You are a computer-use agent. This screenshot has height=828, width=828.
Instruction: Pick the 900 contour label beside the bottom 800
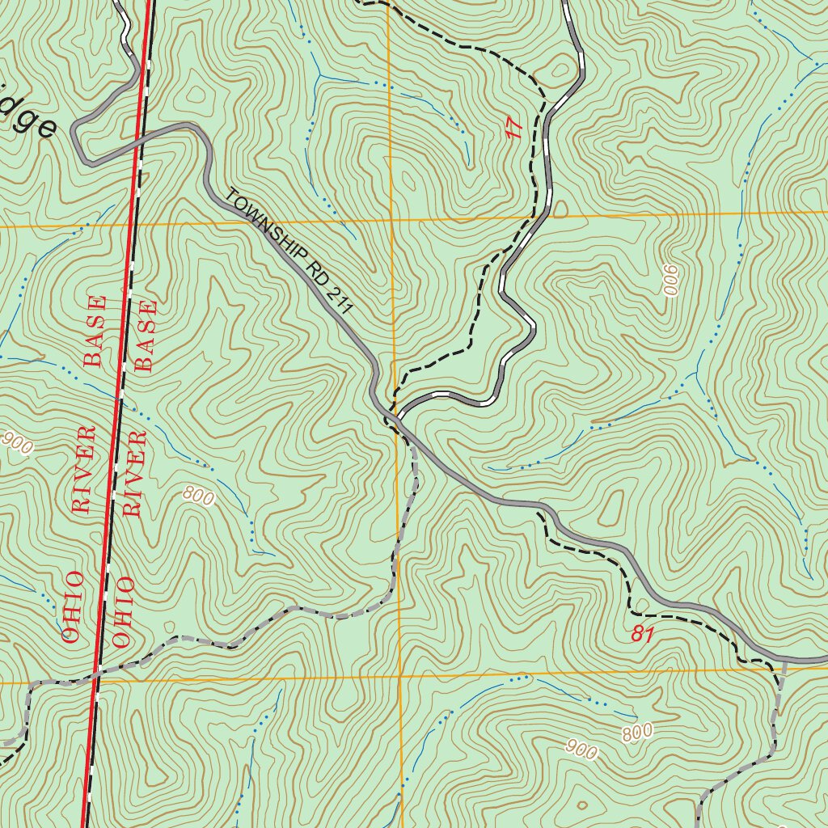coord(582,750)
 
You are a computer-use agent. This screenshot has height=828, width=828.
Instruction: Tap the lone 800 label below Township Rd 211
coord(199,496)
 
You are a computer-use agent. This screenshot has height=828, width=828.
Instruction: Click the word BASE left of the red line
coord(95,332)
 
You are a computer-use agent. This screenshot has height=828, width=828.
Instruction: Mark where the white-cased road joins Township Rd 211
coord(395,417)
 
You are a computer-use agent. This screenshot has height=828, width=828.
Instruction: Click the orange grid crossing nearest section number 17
coord(391,219)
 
